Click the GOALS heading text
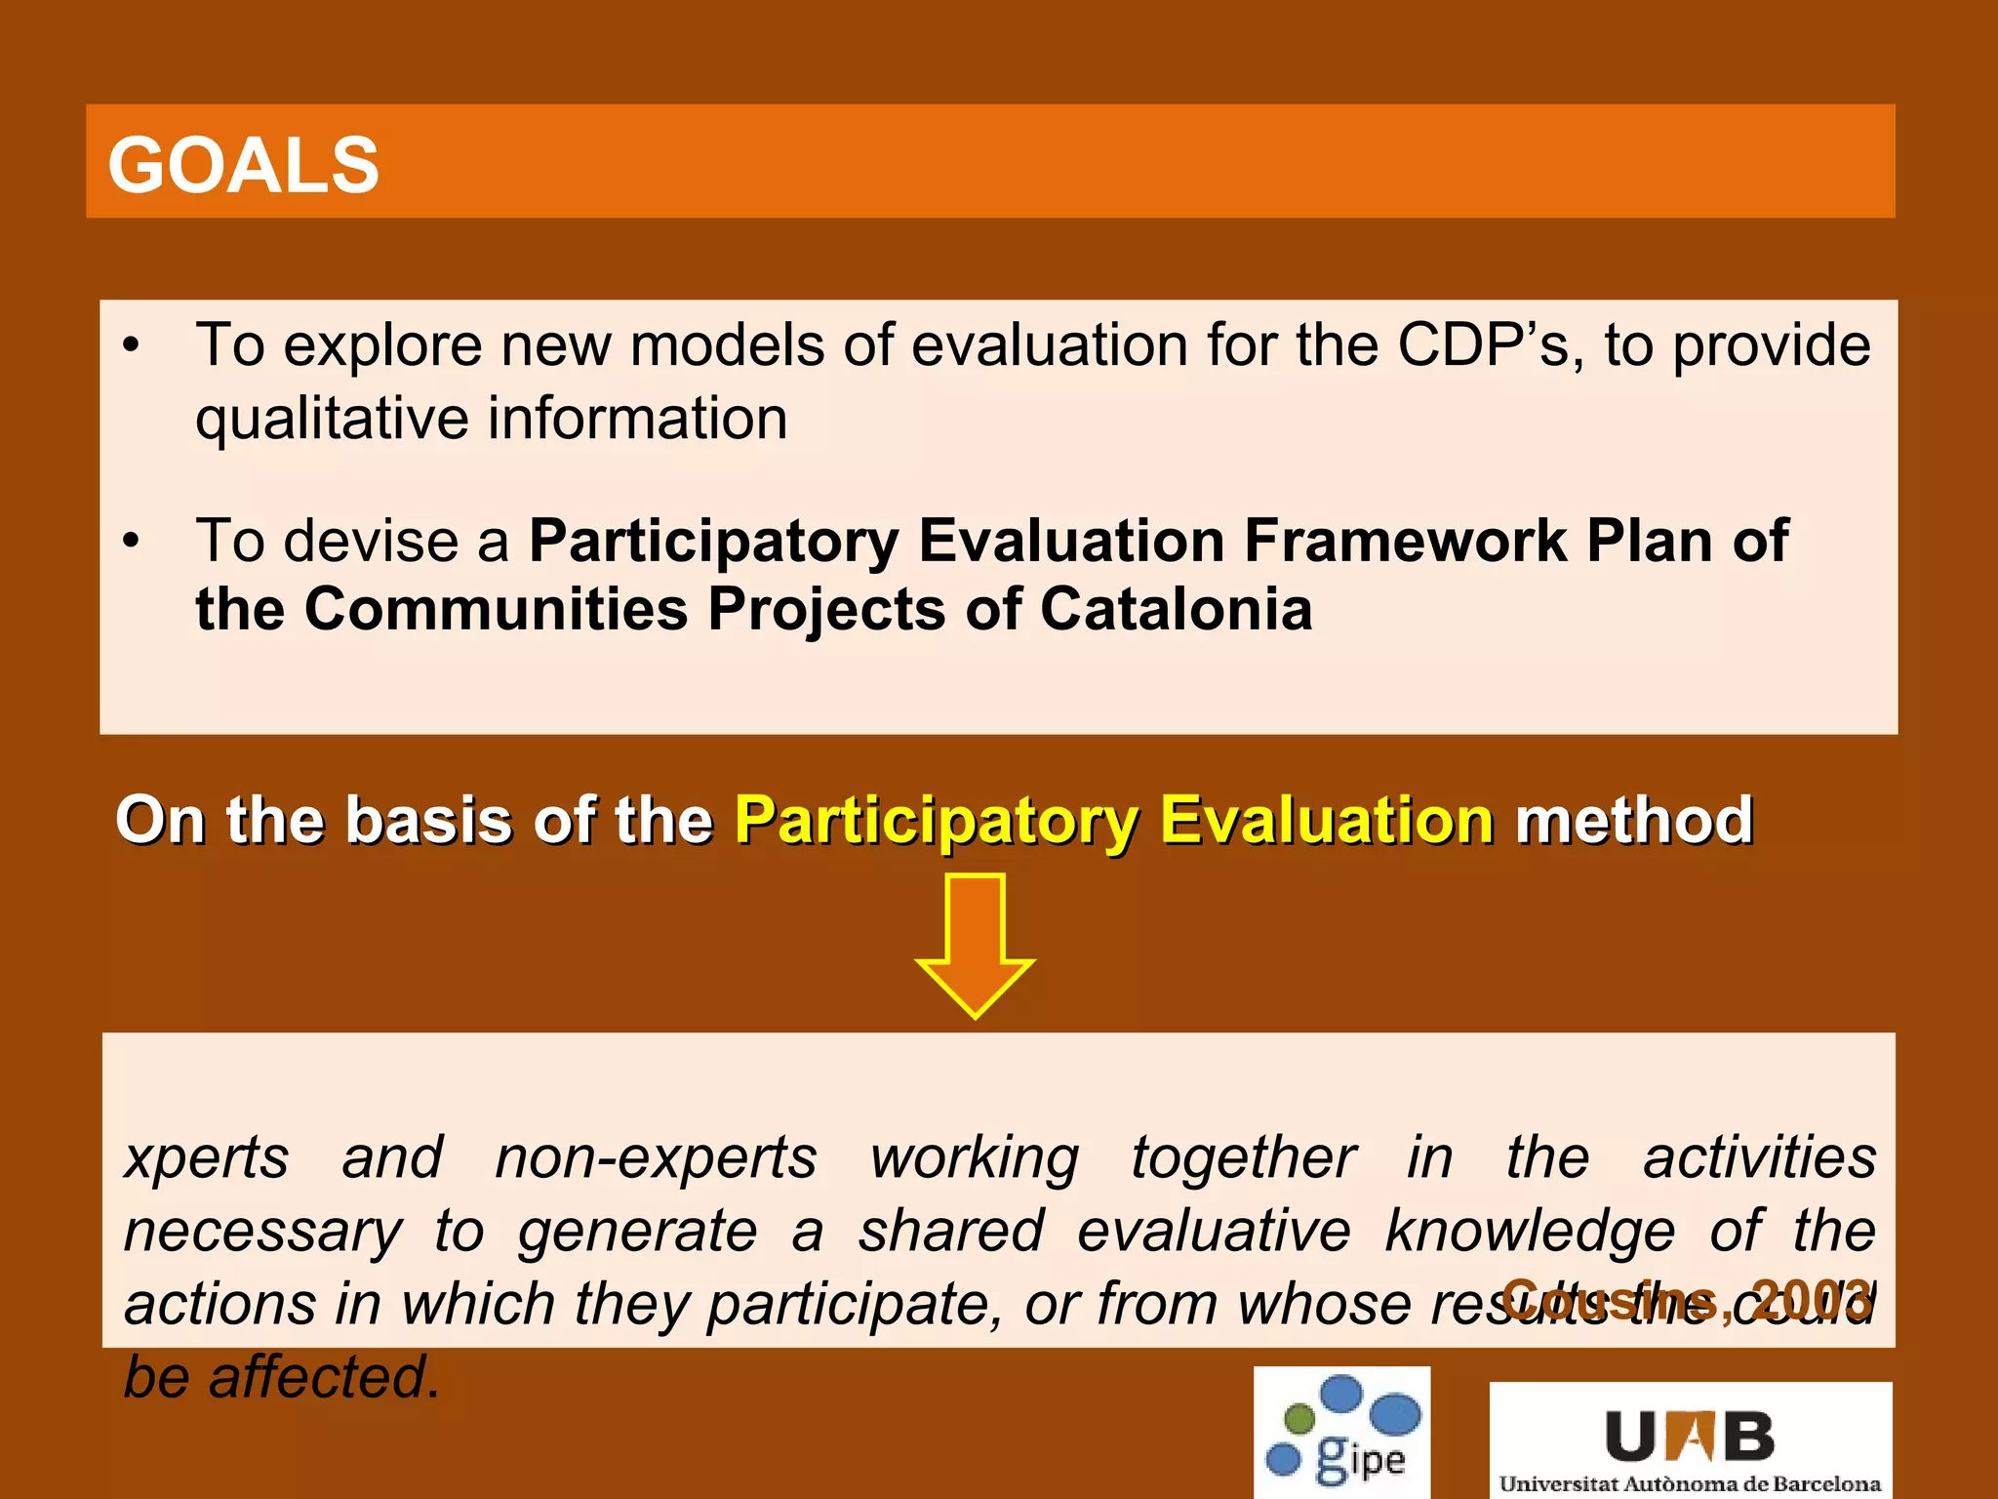pos(243,165)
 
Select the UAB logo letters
pos(1690,1438)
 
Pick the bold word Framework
pos(1406,541)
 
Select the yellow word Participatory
pos(936,821)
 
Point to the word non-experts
pos(656,1158)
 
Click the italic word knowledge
pos(1530,1231)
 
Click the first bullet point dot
pos(132,346)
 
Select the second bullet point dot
pos(132,542)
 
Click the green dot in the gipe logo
pos(1299,1417)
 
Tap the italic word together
pos(1243,1158)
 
